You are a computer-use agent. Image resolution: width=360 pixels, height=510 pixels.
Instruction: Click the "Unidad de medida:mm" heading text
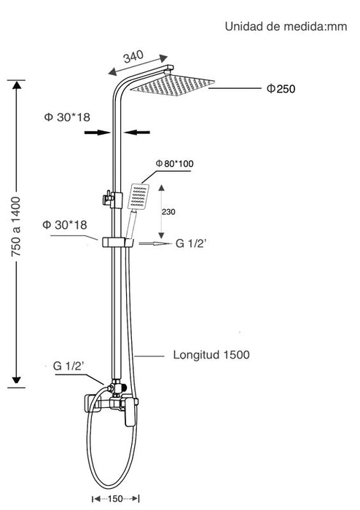286,26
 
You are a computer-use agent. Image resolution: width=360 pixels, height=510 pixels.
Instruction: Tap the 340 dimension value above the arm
133,57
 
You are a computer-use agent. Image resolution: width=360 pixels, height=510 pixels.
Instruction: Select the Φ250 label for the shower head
281,88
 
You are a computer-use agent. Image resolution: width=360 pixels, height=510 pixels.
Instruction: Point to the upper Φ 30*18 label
67,117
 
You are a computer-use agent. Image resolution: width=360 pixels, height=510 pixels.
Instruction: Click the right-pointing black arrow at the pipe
97,133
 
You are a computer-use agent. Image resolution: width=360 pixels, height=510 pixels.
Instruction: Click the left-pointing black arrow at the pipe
136,133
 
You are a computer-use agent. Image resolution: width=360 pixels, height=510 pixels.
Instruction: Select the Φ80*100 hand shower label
174,163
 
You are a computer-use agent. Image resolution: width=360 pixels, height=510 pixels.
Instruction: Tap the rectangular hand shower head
138,197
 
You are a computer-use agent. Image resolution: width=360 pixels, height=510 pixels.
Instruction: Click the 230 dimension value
168,212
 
